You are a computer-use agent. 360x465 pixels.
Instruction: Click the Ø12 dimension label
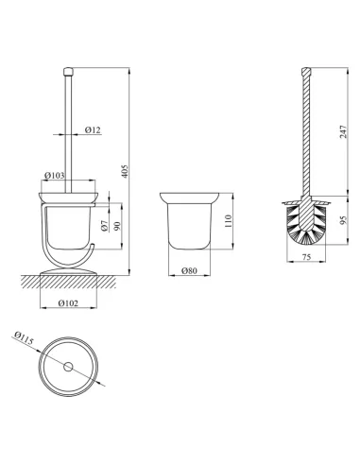coord(94,129)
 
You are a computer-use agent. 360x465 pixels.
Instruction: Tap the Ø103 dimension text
coord(54,176)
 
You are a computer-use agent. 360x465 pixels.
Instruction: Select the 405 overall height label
coord(125,171)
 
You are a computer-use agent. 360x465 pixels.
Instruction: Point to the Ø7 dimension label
coord(105,226)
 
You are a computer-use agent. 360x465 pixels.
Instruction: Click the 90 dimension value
coord(117,226)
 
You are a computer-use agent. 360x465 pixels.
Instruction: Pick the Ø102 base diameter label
coord(68,303)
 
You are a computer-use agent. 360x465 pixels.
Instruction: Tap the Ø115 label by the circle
coord(24,338)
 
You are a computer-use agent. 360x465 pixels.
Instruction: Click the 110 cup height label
coord(229,221)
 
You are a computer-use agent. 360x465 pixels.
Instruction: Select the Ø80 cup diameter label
coord(189,270)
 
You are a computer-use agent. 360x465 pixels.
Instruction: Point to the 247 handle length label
coord(343,131)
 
